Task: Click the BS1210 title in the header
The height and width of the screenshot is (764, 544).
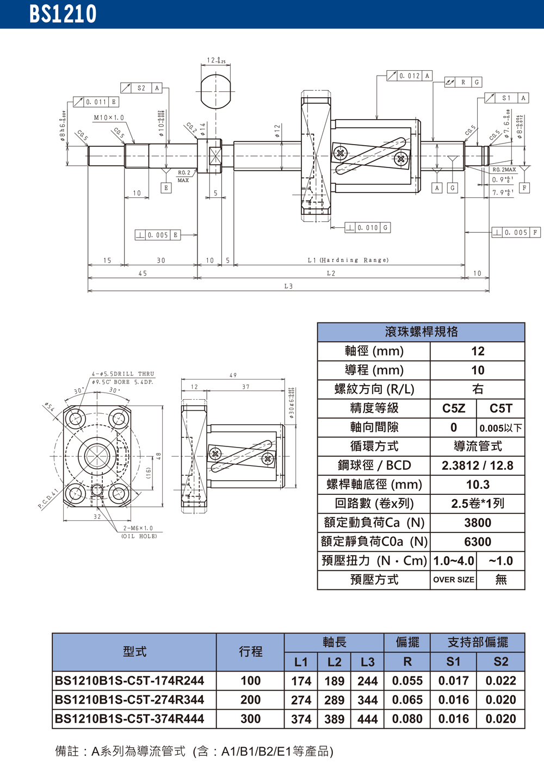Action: point(63,14)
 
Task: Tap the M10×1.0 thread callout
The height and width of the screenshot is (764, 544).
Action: point(109,117)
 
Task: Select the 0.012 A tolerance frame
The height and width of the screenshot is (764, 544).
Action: point(409,76)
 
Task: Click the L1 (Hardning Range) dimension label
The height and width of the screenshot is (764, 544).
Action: point(348,260)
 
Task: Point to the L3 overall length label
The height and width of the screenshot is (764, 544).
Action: point(288,286)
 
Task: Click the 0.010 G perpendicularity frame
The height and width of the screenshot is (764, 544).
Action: point(367,228)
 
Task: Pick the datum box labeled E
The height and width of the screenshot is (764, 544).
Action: point(166,188)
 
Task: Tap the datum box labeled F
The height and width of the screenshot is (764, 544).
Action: point(524,188)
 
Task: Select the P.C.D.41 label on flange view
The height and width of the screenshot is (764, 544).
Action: point(48,499)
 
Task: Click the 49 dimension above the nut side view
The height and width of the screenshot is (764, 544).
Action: point(233,375)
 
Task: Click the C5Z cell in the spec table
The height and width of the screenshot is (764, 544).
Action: point(453,408)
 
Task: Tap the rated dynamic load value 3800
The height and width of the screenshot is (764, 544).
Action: point(478,523)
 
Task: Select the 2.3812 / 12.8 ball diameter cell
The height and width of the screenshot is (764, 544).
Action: point(478,465)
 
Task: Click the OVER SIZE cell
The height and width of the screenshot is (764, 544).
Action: point(453,580)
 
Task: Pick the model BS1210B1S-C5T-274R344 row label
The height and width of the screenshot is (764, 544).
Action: point(129,700)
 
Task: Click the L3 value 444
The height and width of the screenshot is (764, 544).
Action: point(368,719)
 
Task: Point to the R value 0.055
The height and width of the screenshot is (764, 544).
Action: point(407,681)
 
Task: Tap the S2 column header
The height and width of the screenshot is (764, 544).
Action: point(500,662)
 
